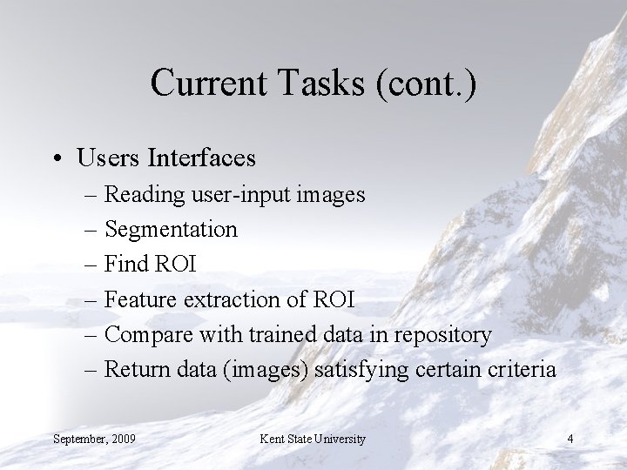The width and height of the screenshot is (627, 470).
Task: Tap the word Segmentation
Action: click(x=170, y=230)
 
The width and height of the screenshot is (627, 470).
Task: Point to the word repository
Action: click(x=446, y=335)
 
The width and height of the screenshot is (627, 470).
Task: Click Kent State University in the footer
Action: click(x=312, y=438)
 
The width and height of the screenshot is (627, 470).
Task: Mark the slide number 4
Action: click(x=570, y=438)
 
